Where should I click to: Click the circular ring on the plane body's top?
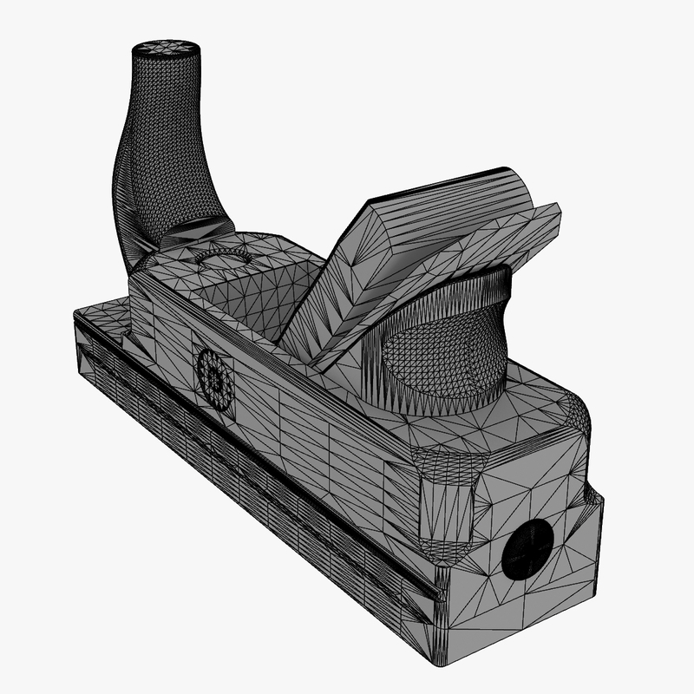pyautogui.click(x=221, y=255)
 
